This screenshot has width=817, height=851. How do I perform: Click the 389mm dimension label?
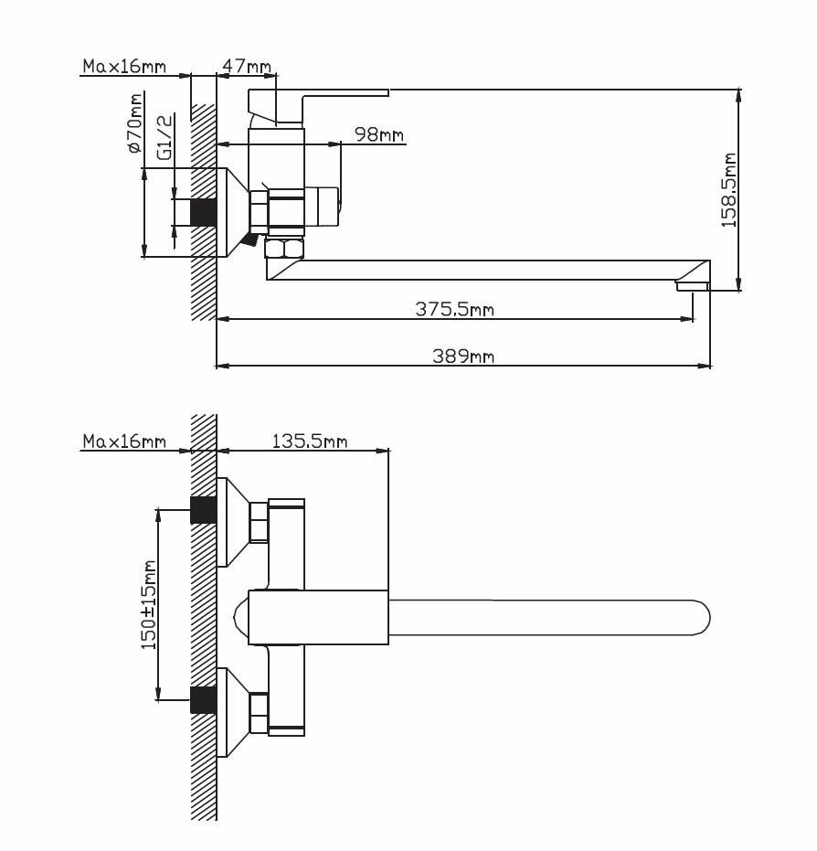[463, 356]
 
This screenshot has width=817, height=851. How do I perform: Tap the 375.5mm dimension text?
[454, 309]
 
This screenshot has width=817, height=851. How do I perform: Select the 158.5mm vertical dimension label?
[728, 190]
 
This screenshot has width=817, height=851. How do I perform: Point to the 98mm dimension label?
[379, 134]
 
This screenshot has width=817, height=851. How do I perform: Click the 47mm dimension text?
[247, 66]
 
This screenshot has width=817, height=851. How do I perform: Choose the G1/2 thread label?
[164, 137]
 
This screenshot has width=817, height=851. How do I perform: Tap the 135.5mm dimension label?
[309, 441]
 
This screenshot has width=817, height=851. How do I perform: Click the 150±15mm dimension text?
[148, 604]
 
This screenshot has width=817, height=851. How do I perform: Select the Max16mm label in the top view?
[124, 66]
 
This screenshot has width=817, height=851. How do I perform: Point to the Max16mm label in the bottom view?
[124, 441]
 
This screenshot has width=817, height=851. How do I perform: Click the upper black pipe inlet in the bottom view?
[204, 510]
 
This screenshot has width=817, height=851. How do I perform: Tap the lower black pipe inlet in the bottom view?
[204, 699]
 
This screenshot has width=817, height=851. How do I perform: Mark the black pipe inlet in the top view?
[204, 212]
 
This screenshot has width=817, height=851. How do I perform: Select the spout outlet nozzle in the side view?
[692, 286]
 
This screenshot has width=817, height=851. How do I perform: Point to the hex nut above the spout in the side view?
[283, 249]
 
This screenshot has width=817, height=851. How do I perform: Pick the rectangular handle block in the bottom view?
[318, 618]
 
